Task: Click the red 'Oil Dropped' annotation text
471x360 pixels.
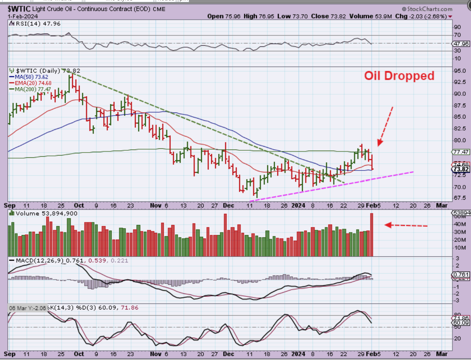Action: [399, 76]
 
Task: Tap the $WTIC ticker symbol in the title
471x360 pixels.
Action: [19, 9]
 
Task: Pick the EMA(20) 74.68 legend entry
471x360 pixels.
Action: [31, 83]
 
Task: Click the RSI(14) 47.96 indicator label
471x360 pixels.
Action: [36, 24]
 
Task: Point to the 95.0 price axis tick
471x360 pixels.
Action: [460, 71]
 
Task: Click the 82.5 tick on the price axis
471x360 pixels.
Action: [460, 129]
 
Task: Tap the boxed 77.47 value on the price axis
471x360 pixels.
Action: [461, 152]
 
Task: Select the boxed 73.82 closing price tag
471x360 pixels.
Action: [461, 169]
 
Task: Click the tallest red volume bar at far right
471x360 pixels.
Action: [372, 234]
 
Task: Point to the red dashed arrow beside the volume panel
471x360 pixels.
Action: [406, 225]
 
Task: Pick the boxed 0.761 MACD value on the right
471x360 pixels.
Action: [461, 275]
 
